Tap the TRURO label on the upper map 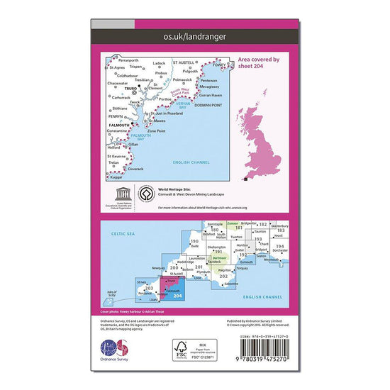tap(130, 89)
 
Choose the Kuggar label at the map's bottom tap(116, 175)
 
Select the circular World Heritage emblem tap(140, 193)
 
